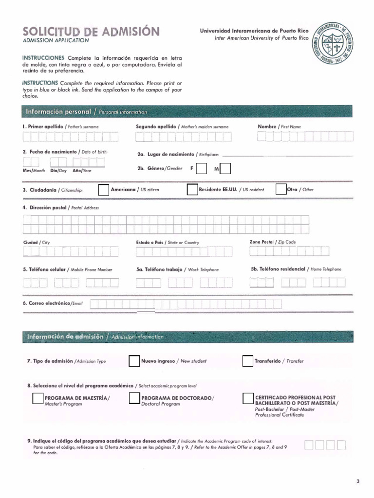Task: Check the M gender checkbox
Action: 225,169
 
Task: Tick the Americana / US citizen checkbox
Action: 104,190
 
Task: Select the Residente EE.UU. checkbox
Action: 192,190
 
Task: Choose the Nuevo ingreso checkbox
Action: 134,361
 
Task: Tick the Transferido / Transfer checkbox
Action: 247,361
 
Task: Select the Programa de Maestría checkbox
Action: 37,399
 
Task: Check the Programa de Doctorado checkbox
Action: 134,399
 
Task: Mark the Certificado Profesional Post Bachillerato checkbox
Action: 248,399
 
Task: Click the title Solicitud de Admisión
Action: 91,32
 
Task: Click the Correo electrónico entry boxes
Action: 185,304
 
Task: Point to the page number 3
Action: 357,481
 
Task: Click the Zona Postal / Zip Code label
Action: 272,242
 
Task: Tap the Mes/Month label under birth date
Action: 34,171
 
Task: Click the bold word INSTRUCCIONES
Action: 43,58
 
